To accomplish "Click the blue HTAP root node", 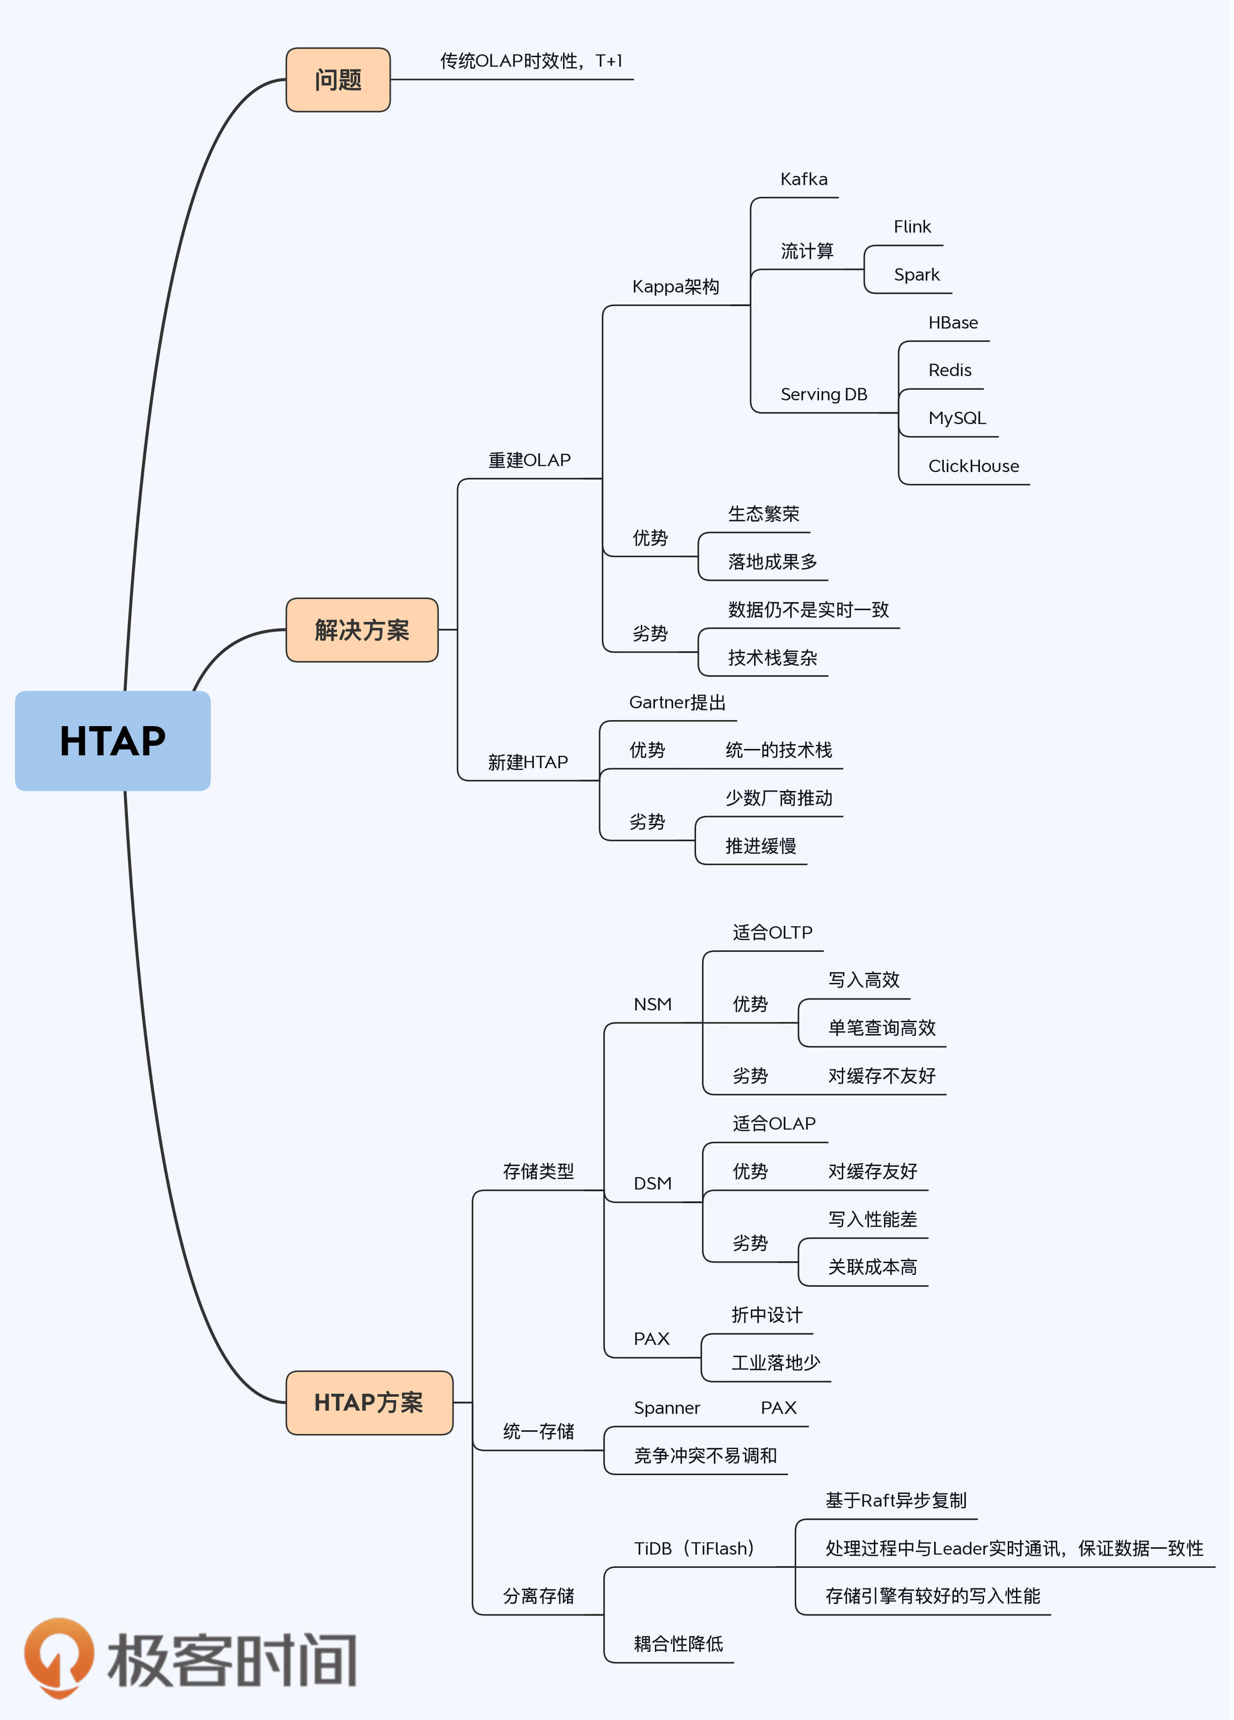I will point(112,740).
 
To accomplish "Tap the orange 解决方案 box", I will point(362,629).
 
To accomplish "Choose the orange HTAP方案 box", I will point(369,1402).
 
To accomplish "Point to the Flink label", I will point(912,227).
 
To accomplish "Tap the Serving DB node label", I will point(824,394).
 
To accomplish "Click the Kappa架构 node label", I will point(675,287).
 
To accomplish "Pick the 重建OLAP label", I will point(529,460).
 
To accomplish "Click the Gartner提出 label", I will point(677,702).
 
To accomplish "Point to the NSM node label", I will point(652,1004).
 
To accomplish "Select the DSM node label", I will point(652,1183).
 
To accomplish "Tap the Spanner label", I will point(667,1407).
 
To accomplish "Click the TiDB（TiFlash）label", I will point(694,1548).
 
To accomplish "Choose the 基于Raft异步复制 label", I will point(896,1500).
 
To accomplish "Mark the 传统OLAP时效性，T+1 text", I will point(531,61).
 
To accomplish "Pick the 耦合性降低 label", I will point(678,1643).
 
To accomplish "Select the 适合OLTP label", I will point(772,932).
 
